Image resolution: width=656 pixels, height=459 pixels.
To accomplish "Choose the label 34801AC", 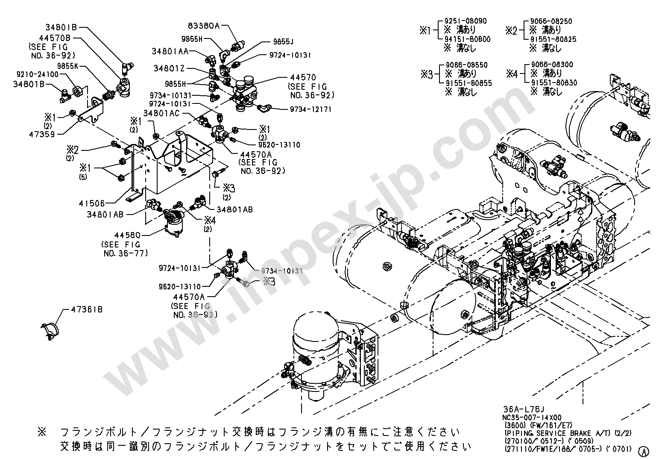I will (161, 113).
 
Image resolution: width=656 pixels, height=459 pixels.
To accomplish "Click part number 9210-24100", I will (38, 74).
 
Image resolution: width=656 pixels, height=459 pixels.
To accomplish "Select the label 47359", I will (41, 133).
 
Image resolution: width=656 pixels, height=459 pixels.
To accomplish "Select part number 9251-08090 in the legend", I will (465, 21).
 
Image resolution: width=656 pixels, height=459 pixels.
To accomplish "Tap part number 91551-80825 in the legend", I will (553, 39).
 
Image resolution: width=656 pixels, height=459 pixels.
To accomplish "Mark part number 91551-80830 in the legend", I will (553, 82).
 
